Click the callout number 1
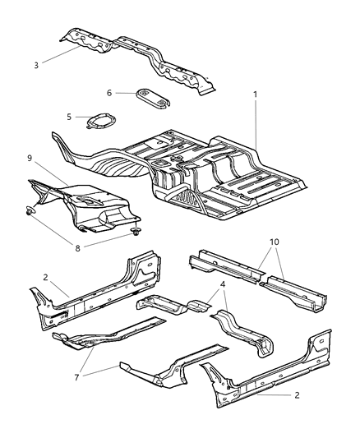255,95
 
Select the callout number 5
70,117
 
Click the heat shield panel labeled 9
82,201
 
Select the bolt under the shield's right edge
132,236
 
